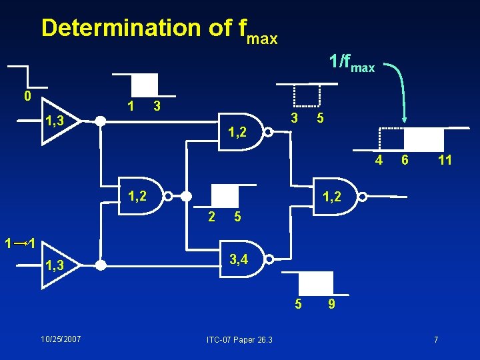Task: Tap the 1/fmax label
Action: (x=352, y=63)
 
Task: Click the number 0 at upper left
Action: (x=27, y=96)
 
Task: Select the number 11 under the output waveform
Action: (x=445, y=160)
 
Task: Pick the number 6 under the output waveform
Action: (x=404, y=160)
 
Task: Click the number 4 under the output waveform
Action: (x=379, y=160)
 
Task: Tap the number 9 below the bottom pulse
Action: (x=331, y=305)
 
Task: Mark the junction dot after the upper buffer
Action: (x=100, y=121)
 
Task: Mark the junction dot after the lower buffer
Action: (x=100, y=265)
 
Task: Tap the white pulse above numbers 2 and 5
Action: (x=224, y=195)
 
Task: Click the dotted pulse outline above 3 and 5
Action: (x=307, y=96)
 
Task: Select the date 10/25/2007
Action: (x=61, y=339)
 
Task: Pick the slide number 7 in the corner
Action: (x=436, y=340)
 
